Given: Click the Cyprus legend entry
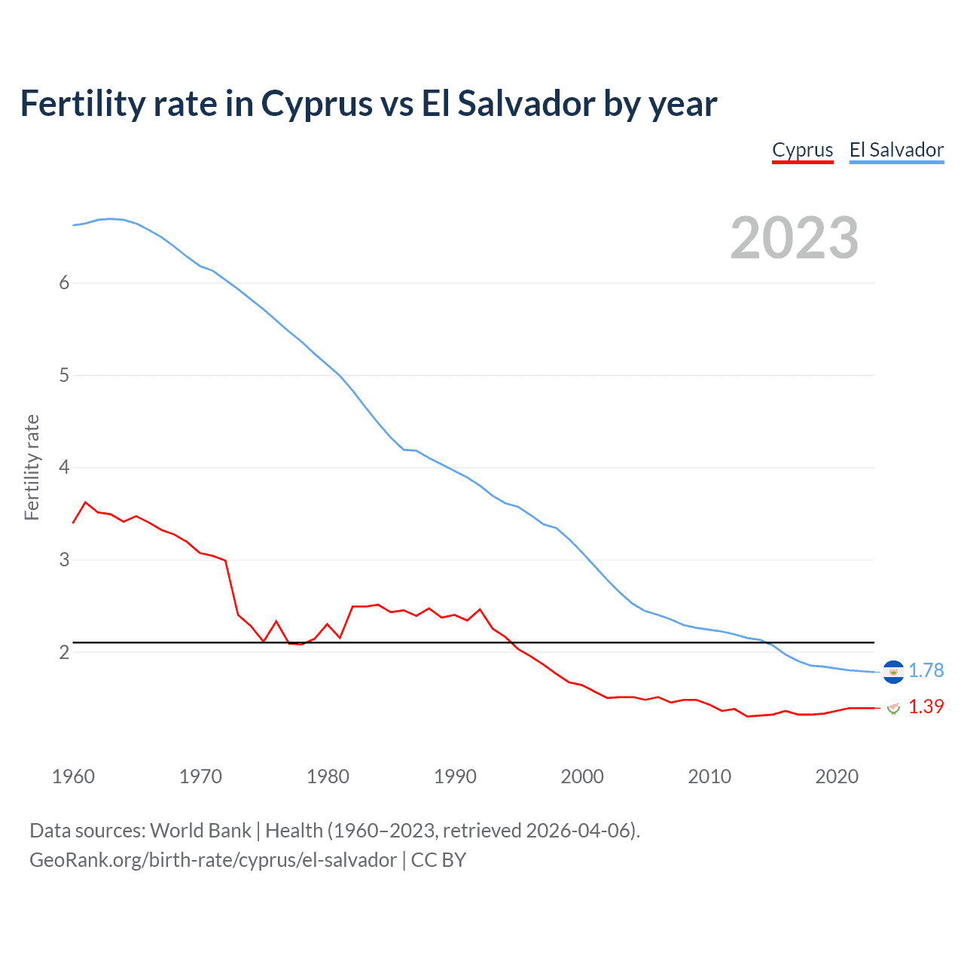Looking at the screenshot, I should [802, 150].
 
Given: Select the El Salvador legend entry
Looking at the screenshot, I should [896, 150].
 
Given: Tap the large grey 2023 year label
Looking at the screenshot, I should [795, 238].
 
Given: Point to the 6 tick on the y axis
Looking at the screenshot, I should [64, 282].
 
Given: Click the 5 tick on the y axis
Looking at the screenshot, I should [64, 375].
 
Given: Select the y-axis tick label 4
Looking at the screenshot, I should [64, 468].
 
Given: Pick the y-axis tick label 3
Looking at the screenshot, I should [64, 560].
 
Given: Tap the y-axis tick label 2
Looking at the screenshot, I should [64, 652].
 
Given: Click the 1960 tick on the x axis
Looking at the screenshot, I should [73, 776].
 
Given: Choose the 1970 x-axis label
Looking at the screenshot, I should [200, 776].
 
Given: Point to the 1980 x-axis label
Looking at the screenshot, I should [328, 776].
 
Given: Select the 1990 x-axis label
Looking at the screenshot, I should [455, 776].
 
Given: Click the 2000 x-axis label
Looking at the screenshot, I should [582, 776].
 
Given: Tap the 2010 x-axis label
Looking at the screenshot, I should [709, 776].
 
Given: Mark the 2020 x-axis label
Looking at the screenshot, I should [837, 776].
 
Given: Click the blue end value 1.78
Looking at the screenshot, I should [926, 670].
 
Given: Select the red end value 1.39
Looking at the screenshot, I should [926, 706].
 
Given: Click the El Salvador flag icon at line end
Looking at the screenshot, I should [893, 671].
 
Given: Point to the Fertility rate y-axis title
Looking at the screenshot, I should [32, 467].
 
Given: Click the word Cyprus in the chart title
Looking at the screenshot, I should [316, 104].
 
